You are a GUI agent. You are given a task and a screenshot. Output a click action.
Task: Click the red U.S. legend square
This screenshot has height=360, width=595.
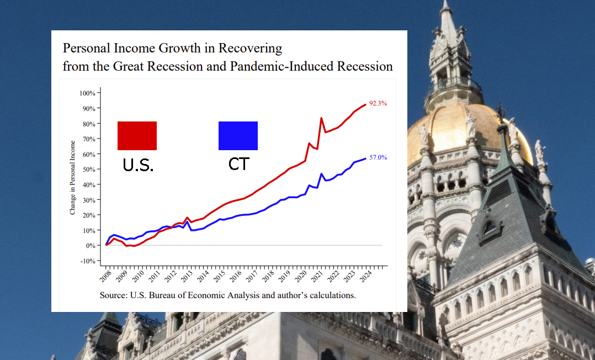137,135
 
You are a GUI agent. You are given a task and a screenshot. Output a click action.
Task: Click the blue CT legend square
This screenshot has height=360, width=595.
238,135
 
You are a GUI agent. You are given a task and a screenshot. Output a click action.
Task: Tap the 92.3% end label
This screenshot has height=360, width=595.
378,103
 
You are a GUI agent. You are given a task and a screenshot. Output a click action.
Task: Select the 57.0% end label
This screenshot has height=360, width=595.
378,157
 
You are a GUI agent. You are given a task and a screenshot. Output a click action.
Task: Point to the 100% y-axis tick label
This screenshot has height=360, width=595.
88,93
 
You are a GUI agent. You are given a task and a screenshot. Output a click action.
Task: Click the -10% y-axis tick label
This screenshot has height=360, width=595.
88,261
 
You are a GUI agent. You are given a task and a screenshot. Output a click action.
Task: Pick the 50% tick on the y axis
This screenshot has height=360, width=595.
89,169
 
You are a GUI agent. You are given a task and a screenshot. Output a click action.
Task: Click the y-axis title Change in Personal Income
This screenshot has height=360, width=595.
73,177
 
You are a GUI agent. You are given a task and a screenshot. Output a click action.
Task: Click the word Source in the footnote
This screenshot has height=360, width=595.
113,295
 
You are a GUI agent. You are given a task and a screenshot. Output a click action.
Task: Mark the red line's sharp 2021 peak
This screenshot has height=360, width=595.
321,118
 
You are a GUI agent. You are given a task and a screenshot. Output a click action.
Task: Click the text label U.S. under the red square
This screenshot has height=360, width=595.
137,164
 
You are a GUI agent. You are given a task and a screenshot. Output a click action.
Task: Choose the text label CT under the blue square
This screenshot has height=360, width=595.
238,164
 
